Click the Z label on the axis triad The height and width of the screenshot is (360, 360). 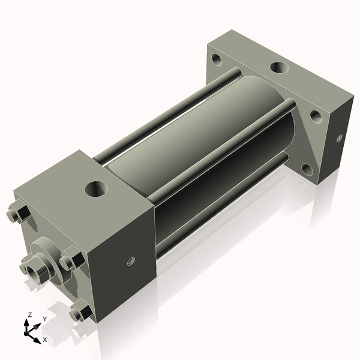(x=30, y=314)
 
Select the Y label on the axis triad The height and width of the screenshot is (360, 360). (x=44, y=319)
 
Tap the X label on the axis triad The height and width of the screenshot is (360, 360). (x=44, y=339)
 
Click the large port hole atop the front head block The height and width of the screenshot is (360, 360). (x=96, y=189)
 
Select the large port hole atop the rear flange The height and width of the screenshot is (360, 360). (x=278, y=67)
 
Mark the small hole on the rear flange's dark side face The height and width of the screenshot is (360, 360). (x=339, y=138)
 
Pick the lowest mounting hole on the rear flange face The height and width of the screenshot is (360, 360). (x=307, y=169)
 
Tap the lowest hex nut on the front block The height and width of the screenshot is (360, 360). (x=80, y=313)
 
